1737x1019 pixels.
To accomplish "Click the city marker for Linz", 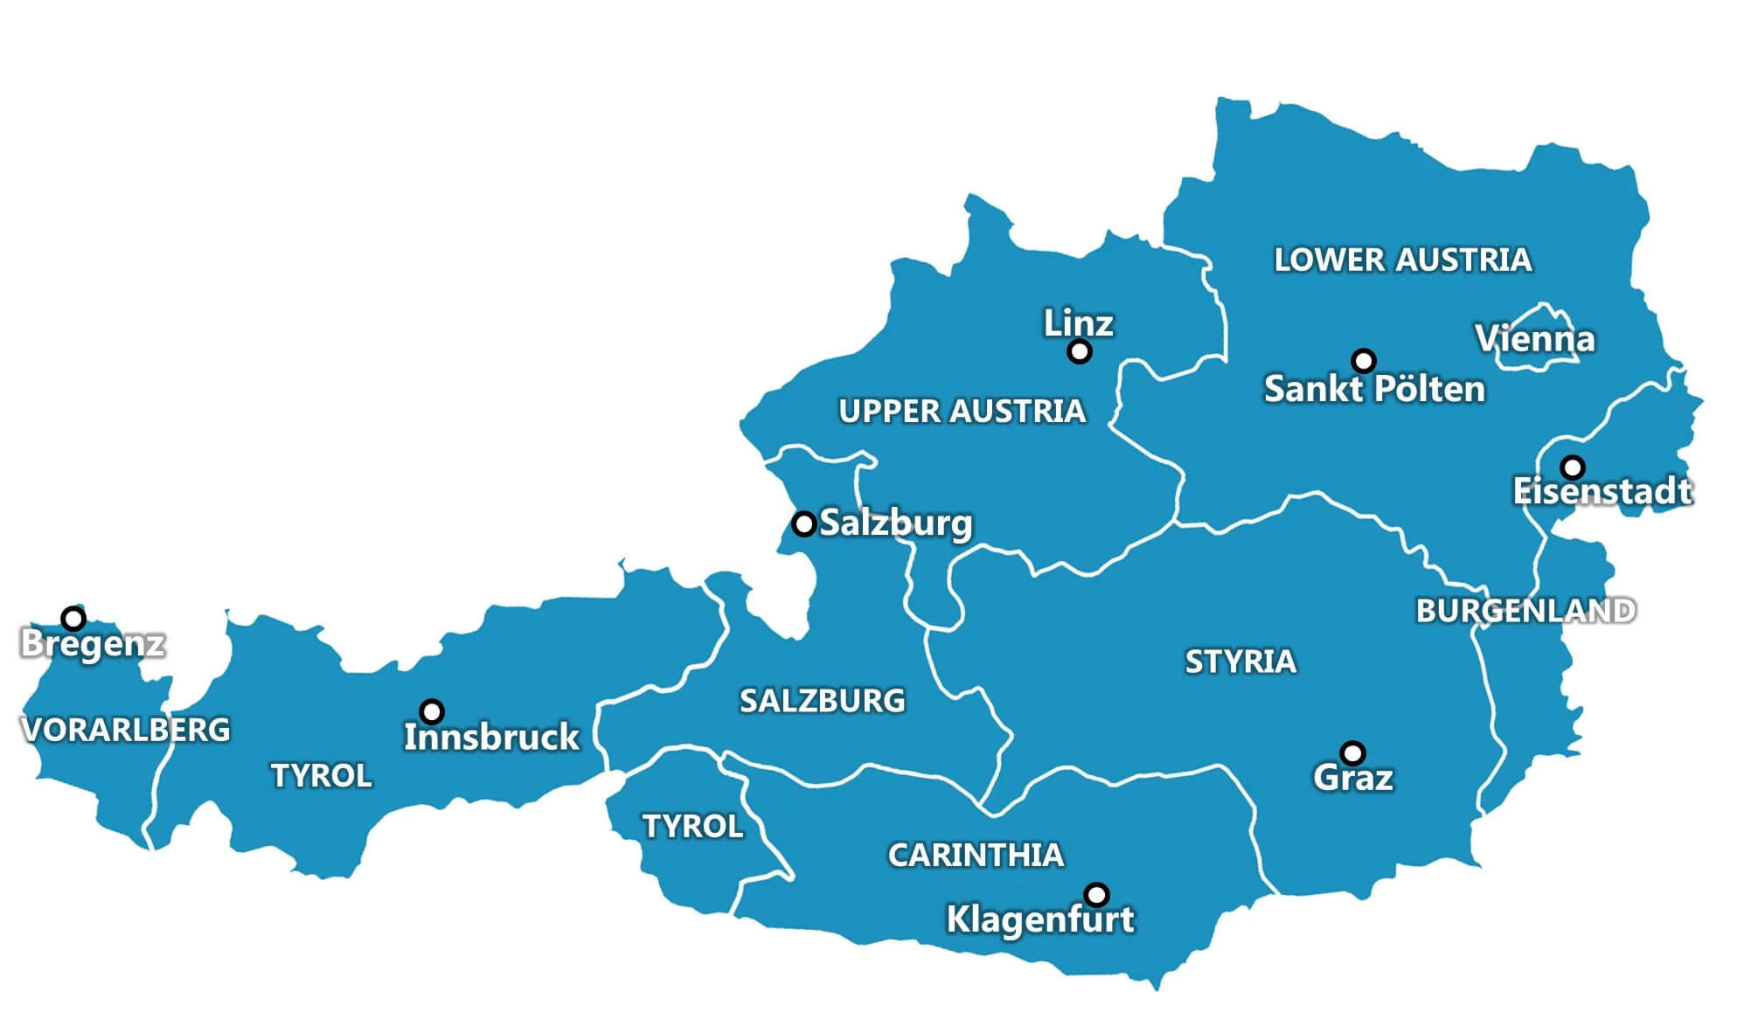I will [1080, 352].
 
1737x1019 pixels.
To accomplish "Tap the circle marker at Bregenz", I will [73, 619].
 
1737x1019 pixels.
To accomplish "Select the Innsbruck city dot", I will [432, 711].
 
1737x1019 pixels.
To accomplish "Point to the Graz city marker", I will [1352, 752].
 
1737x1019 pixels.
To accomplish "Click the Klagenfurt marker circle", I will [1096, 895].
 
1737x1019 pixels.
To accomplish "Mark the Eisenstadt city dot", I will [1572, 467].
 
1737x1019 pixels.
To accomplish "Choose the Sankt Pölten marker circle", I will [1364, 361].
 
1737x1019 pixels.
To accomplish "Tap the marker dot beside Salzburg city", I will [803, 524].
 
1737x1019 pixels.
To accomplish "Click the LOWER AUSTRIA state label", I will [1402, 260].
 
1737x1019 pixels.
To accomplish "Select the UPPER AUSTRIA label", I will [962, 411].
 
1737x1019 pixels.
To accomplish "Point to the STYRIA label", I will [1240, 662].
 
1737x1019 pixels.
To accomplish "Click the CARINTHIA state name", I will [976, 855].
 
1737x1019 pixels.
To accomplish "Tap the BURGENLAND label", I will [1525, 611].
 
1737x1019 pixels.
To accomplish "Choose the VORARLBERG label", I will [125, 730].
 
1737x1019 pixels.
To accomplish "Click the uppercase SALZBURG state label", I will [822, 701].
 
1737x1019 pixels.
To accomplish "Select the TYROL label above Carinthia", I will [692, 826].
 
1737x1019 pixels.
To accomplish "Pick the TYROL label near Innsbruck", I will [321, 775].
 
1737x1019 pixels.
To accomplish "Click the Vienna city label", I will [1535, 339].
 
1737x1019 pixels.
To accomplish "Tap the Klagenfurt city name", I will [1039, 919].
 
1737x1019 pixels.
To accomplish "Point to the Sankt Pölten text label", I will [1374, 389].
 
